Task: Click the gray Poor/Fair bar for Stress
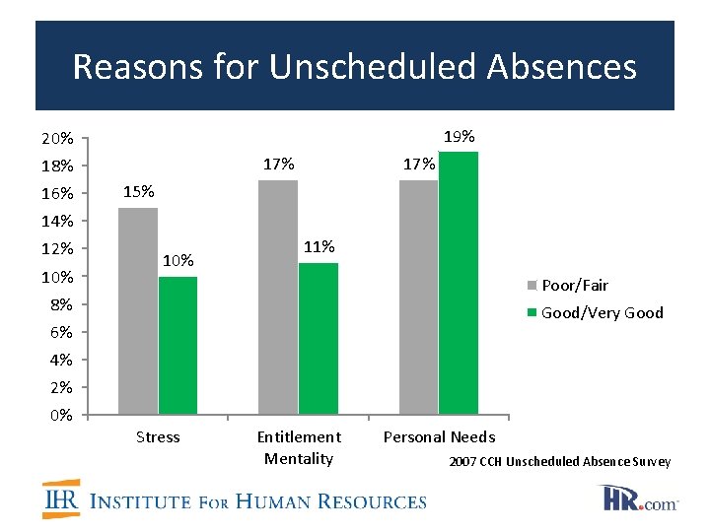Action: [137, 310]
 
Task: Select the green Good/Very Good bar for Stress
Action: [177, 345]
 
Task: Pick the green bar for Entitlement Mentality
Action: [318, 338]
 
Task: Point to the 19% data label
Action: [460, 136]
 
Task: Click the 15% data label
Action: [139, 191]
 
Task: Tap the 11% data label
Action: [319, 246]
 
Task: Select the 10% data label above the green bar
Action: [178, 261]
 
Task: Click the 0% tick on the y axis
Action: [61, 415]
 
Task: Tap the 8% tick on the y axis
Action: [61, 304]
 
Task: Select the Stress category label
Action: [158, 436]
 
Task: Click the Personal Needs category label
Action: [439, 436]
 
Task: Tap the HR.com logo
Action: [640, 498]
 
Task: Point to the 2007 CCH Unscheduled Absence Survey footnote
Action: [560, 461]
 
